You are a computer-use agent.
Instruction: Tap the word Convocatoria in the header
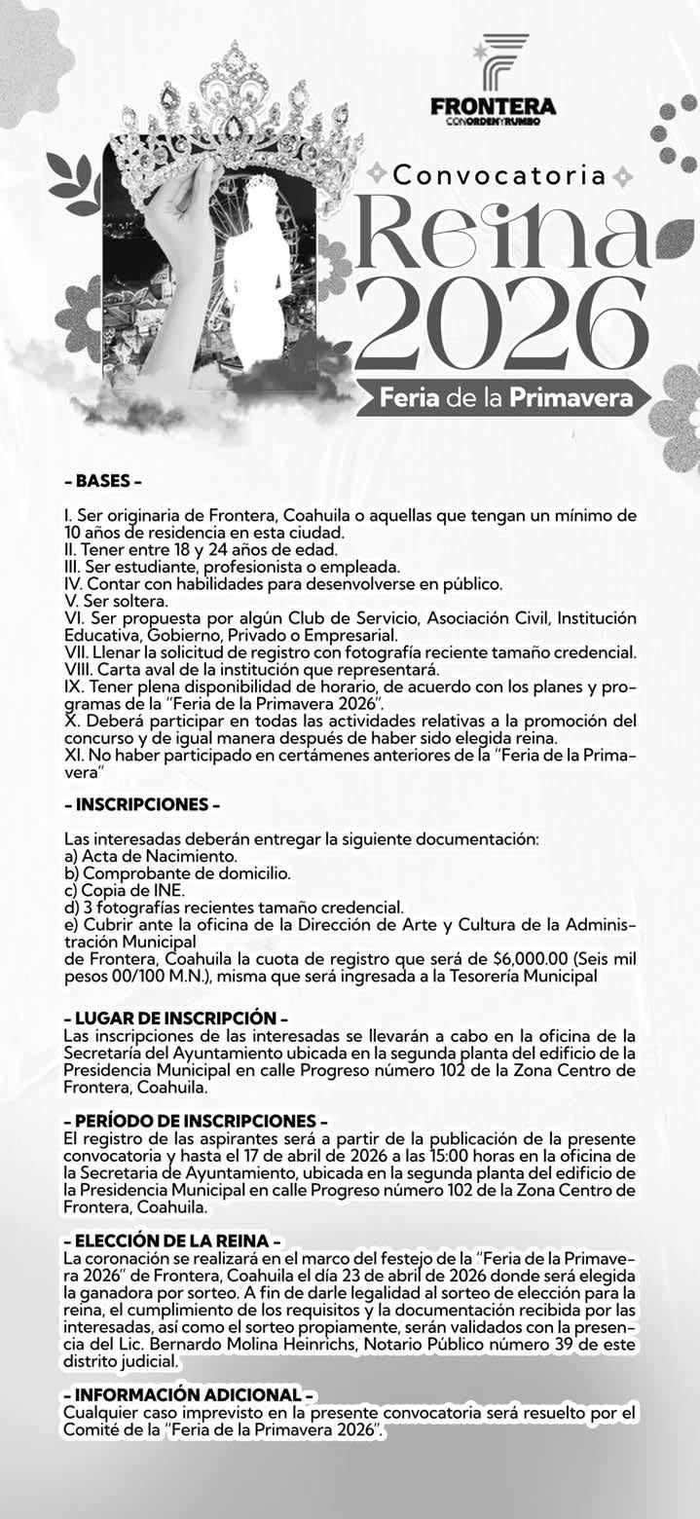click(499, 175)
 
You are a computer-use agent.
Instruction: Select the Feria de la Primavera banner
click(502, 398)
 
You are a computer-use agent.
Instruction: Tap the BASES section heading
click(102, 482)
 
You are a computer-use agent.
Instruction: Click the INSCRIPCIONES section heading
click(142, 805)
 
